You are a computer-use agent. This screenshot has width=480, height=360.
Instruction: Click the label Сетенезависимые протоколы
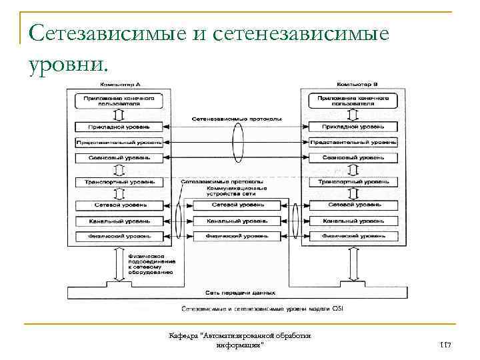(236, 119)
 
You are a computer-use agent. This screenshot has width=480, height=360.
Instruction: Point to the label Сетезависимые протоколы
(221, 181)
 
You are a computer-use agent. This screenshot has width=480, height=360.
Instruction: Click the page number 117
(446, 345)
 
